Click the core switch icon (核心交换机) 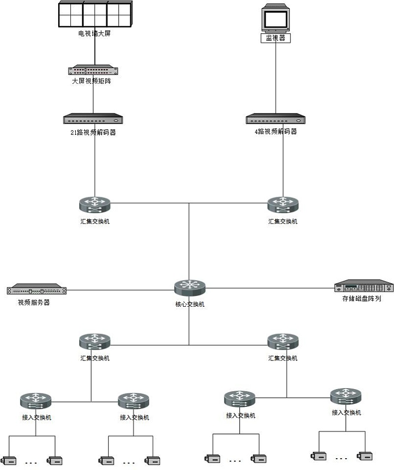190,288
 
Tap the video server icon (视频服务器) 37,289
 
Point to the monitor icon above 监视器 275,18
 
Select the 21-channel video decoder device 93,119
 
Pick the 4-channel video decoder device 275,119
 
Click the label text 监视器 275,38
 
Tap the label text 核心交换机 190,304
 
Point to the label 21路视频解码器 93,132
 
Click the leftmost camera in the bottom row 10,461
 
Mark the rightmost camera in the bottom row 364,456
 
